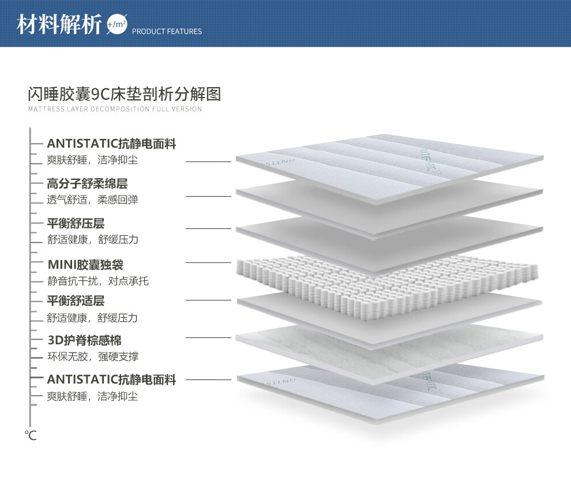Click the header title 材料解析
tap(59, 25)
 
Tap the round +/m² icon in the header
tap(117, 25)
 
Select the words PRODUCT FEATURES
tap(167, 32)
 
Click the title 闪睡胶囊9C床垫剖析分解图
tap(124, 94)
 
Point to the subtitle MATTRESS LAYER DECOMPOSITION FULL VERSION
tap(115, 109)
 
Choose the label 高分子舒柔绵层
tap(87, 184)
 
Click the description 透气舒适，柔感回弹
tap(92, 200)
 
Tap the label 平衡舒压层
tap(76, 223)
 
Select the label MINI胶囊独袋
tap(85, 265)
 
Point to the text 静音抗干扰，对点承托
tap(98, 281)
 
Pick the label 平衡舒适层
tap(76, 301)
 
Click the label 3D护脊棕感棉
tap(84, 341)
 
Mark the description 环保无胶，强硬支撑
tap(92, 357)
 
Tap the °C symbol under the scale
tap(31, 435)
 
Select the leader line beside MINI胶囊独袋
tap(208, 263)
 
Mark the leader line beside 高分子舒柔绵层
tap(208, 197)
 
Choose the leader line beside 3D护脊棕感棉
tap(208, 337)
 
